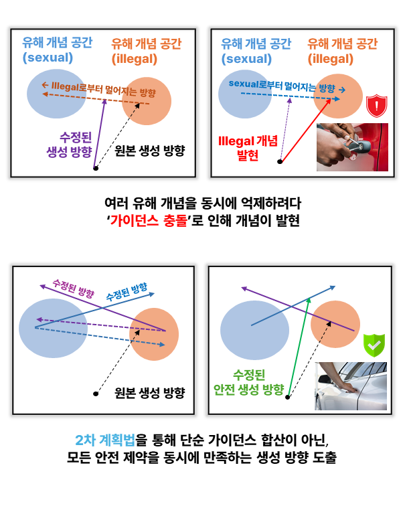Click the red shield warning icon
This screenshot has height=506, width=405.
coord(377,106)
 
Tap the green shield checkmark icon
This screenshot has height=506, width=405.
coord(374,345)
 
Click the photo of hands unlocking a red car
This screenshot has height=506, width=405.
coord(352,147)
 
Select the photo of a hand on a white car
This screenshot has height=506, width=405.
coord(351,386)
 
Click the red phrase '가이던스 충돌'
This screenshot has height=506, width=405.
coord(149,221)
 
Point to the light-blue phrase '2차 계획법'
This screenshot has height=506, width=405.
coord(105,440)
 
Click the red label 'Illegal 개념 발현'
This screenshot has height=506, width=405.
coord(248,148)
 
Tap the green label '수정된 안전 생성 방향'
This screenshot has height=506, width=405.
coord(248,382)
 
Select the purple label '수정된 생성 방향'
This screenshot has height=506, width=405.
coord(70,145)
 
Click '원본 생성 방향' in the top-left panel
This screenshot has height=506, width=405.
coord(150,151)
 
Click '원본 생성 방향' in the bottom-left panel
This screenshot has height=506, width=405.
coord(150,393)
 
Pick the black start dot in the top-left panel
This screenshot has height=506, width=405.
coord(96,168)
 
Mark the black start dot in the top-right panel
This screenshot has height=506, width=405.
coord(280,161)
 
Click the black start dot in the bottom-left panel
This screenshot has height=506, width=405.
coord(96,394)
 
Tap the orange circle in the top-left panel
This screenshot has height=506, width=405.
coord(147,101)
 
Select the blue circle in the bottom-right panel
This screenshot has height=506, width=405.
coord(254,330)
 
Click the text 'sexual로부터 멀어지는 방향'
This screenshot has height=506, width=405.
coord(287,86)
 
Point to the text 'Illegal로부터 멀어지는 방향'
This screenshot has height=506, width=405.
coord(99,89)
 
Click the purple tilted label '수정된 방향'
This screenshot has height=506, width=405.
coord(74,288)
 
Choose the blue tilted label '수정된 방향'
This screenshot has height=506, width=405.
coord(127,291)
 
